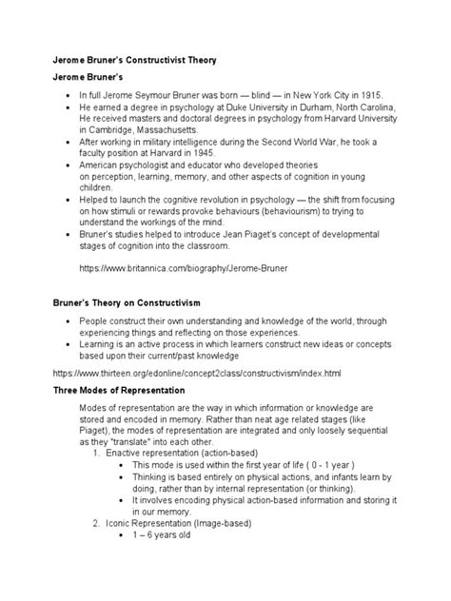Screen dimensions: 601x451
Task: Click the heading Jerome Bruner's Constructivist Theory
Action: (x=134, y=60)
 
